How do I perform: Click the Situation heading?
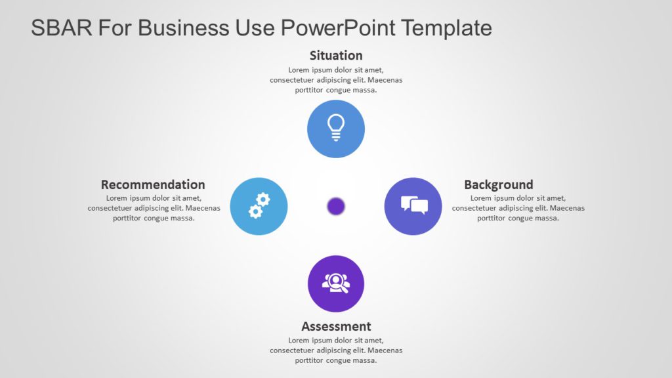336,55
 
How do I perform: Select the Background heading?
498,184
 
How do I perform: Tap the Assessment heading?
336,326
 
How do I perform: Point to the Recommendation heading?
153,184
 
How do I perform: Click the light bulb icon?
336,128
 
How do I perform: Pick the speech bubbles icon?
413,205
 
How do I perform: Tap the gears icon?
259,205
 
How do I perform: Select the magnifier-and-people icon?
336,283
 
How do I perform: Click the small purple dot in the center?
336,206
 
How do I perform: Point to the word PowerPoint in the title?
337,28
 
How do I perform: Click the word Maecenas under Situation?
385,80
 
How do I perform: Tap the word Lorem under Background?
481,198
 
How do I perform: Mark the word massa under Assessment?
365,360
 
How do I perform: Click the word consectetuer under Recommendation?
117,208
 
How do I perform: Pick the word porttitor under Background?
491,219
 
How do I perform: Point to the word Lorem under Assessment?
299,340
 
